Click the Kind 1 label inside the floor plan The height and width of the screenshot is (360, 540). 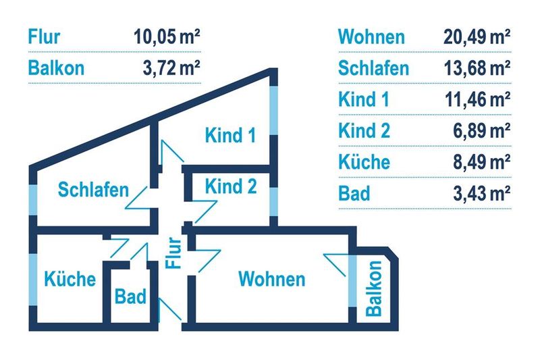(230, 135)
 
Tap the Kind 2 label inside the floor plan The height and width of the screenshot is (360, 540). (231, 186)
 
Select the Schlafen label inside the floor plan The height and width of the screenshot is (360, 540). (93, 190)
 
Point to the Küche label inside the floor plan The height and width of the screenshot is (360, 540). (70, 278)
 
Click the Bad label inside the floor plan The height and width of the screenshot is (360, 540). (130, 297)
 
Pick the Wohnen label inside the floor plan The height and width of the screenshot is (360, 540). (272, 279)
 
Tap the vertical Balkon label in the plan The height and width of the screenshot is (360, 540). (374, 288)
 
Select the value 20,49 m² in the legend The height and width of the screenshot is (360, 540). (477, 37)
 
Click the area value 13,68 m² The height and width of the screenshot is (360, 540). (477, 68)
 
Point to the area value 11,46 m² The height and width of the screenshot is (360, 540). (478, 99)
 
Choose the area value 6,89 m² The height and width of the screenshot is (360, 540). (482, 130)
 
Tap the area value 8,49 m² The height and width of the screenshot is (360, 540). (482, 162)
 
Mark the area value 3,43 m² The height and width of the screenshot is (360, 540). (482, 193)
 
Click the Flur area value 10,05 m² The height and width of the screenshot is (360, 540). (167, 37)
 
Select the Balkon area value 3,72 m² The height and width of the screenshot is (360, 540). (171, 68)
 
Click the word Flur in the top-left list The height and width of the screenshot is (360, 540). (44, 37)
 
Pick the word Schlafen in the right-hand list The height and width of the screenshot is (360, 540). (374, 68)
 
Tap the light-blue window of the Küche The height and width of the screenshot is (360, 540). (32, 280)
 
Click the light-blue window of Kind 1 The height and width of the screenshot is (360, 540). (273, 110)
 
